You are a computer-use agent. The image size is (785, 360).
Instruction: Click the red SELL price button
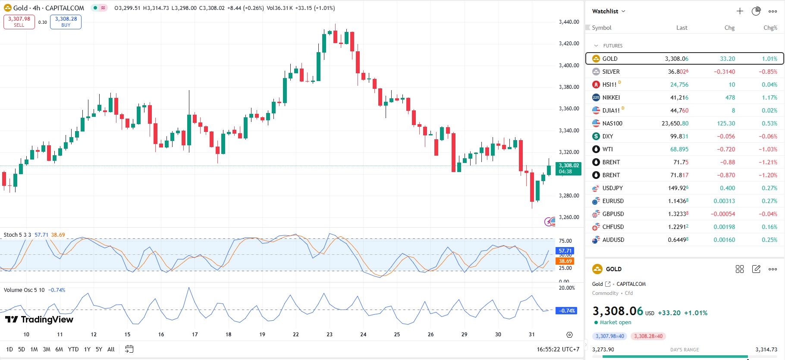tap(19, 22)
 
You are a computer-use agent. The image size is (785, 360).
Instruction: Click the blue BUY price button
tap(66, 22)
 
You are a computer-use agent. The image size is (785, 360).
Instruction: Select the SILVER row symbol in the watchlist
tap(611, 72)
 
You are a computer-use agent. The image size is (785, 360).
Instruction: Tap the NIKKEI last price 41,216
tap(679, 97)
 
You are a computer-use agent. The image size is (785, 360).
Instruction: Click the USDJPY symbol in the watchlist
tap(612, 188)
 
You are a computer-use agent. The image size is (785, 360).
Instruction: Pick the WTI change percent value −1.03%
tap(768, 149)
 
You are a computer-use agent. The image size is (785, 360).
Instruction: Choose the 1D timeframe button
tap(9, 349)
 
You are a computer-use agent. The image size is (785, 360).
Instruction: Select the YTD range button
tap(73, 349)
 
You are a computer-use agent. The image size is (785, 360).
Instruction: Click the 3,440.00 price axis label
tap(569, 22)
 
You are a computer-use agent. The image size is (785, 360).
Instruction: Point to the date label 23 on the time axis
tap(330, 334)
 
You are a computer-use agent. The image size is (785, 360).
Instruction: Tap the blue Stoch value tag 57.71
tap(565, 250)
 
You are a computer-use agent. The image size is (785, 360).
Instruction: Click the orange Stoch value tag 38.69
tap(565, 261)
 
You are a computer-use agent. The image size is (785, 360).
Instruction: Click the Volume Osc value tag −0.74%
tap(567, 310)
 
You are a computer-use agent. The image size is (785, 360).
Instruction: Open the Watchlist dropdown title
tap(608, 11)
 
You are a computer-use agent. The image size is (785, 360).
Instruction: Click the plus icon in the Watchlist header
tap(740, 11)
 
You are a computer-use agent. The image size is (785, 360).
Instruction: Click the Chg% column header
tap(770, 28)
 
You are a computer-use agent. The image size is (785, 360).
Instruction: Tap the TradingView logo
tap(39, 319)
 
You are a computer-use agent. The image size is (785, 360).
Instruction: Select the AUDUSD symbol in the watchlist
tap(613, 240)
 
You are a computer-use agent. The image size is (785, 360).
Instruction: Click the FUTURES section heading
tap(612, 46)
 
